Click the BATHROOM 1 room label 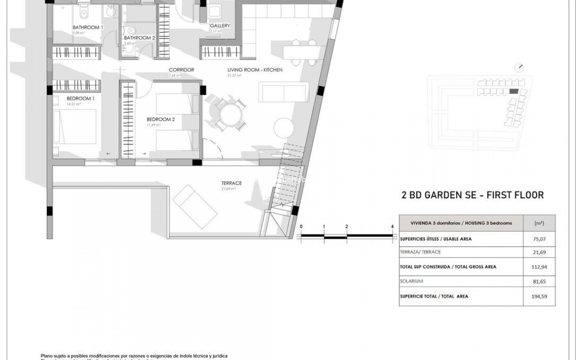(88, 27)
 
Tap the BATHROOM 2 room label (139, 38)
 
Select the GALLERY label (220, 26)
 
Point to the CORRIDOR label (181, 70)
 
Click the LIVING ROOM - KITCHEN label (255, 70)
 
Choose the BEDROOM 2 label (160, 119)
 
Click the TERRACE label (231, 183)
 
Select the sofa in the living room (283, 93)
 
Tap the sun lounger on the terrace (195, 207)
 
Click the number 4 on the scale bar (392, 227)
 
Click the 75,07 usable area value (539, 239)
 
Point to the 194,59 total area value (539, 296)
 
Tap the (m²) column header (539, 223)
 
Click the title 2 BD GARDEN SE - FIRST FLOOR (472, 195)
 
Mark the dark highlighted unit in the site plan (514, 91)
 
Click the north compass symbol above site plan (519, 68)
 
